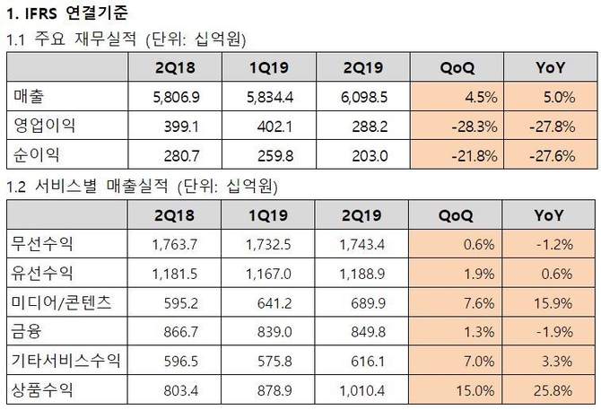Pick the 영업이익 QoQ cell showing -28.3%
click(466, 125)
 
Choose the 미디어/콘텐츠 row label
click(59, 302)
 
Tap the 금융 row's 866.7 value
click(165, 332)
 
